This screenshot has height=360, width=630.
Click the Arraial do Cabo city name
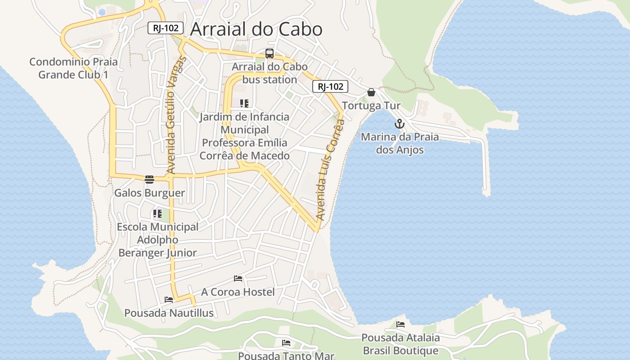coord(256,29)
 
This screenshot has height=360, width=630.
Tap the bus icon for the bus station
coord(270,54)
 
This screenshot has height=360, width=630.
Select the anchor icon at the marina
coord(400,124)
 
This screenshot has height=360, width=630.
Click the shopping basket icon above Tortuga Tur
coord(371,92)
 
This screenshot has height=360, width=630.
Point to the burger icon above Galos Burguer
coord(149,180)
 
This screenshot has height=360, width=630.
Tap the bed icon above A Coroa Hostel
coord(238,279)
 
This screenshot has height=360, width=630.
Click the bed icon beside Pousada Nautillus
coord(169,299)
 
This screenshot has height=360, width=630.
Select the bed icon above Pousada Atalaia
coord(400,324)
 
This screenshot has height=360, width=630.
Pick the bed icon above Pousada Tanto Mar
coord(286,343)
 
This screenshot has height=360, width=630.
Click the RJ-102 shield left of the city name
coord(166,28)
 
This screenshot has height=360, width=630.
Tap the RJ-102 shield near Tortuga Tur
coord(330,87)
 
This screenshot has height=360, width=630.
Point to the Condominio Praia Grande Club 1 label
coord(73,68)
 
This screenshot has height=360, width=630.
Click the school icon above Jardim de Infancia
coord(244,104)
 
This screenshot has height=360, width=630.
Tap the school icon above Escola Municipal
coord(157,214)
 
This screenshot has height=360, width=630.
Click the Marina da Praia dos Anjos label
coord(400,143)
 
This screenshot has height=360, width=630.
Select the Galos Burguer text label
coord(149,193)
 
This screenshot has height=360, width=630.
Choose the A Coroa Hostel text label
coord(238,292)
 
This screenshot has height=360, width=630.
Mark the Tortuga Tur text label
coord(371,106)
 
